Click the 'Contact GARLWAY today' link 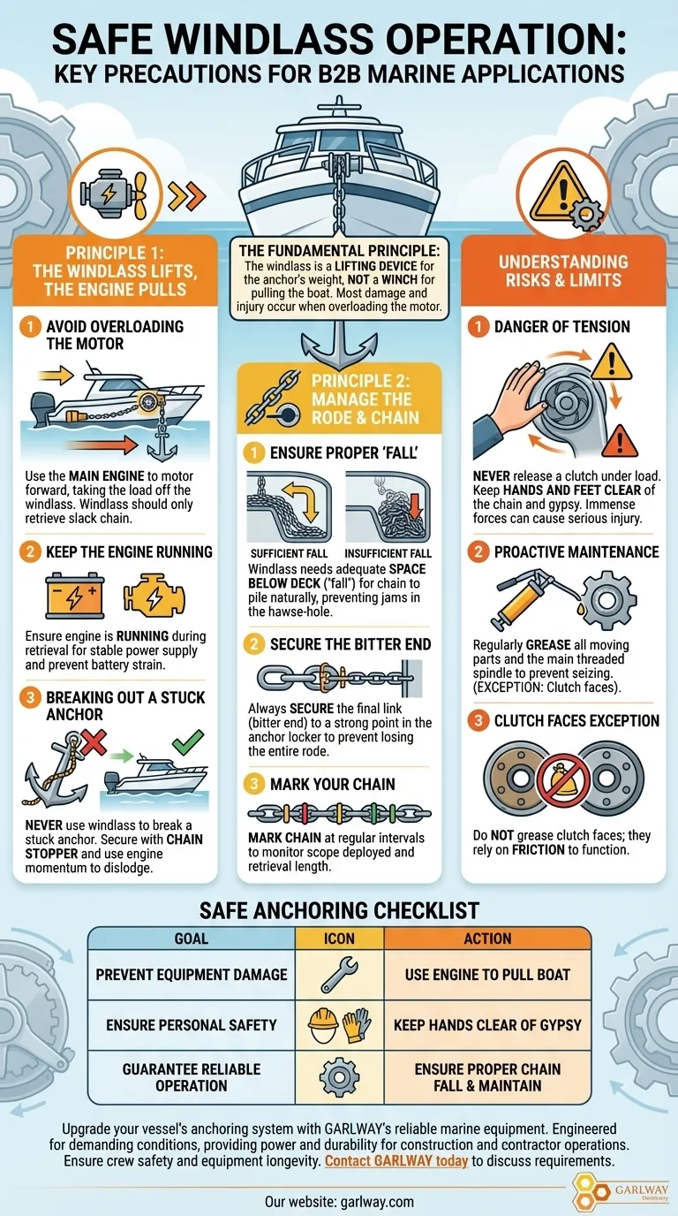pyautogui.click(x=396, y=1161)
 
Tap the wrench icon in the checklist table pyautogui.click(x=339, y=975)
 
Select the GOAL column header pyautogui.click(x=191, y=939)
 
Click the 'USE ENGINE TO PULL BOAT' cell pyautogui.click(x=487, y=975)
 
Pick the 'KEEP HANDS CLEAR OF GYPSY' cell pyautogui.click(x=487, y=1025)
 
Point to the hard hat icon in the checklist pyautogui.click(x=322, y=1025)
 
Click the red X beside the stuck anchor pyautogui.click(x=94, y=743)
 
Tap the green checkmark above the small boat pyautogui.click(x=188, y=742)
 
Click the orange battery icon pyautogui.click(x=74, y=596)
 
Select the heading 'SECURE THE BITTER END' pyautogui.click(x=350, y=644)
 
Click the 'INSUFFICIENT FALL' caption pyautogui.click(x=388, y=554)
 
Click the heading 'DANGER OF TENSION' pyautogui.click(x=562, y=327)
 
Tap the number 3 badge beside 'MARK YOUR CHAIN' pyautogui.click(x=254, y=784)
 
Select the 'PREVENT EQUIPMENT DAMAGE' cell pyautogui.click(x=192, y=975)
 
